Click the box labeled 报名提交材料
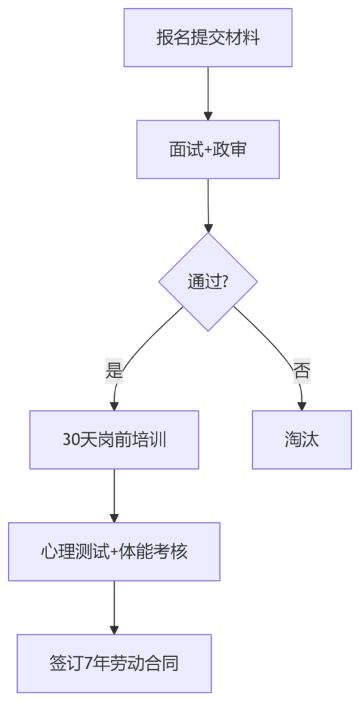(x=208, y=38)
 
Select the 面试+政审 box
(x=208, y=150)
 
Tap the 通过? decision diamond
(x=208, y=282)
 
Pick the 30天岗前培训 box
(x=114, y=440)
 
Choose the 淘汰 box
(x=302, y=440)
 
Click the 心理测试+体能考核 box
(x=114, y=552)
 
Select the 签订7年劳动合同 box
(x=114, y=664)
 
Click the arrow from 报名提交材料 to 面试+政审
(x=208, y=94)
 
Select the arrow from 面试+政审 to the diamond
(x=208, y=206)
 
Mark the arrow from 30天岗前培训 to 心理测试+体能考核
(x=114, y=496)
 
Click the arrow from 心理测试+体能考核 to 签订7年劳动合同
(x=114, y=608)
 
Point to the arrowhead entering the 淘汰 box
(x=302, y=407)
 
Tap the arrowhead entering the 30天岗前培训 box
(x=114, y=407)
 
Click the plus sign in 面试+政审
(x=208, y=150)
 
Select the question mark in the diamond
(x=226, y=282)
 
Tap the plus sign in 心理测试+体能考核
(x=114, y=552)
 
